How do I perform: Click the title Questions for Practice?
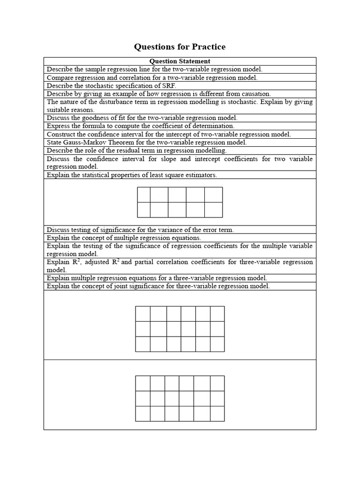180,47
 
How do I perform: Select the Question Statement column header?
180,61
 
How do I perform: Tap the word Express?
58,126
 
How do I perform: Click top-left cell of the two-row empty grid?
143,195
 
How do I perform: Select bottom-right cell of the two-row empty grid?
213,210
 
